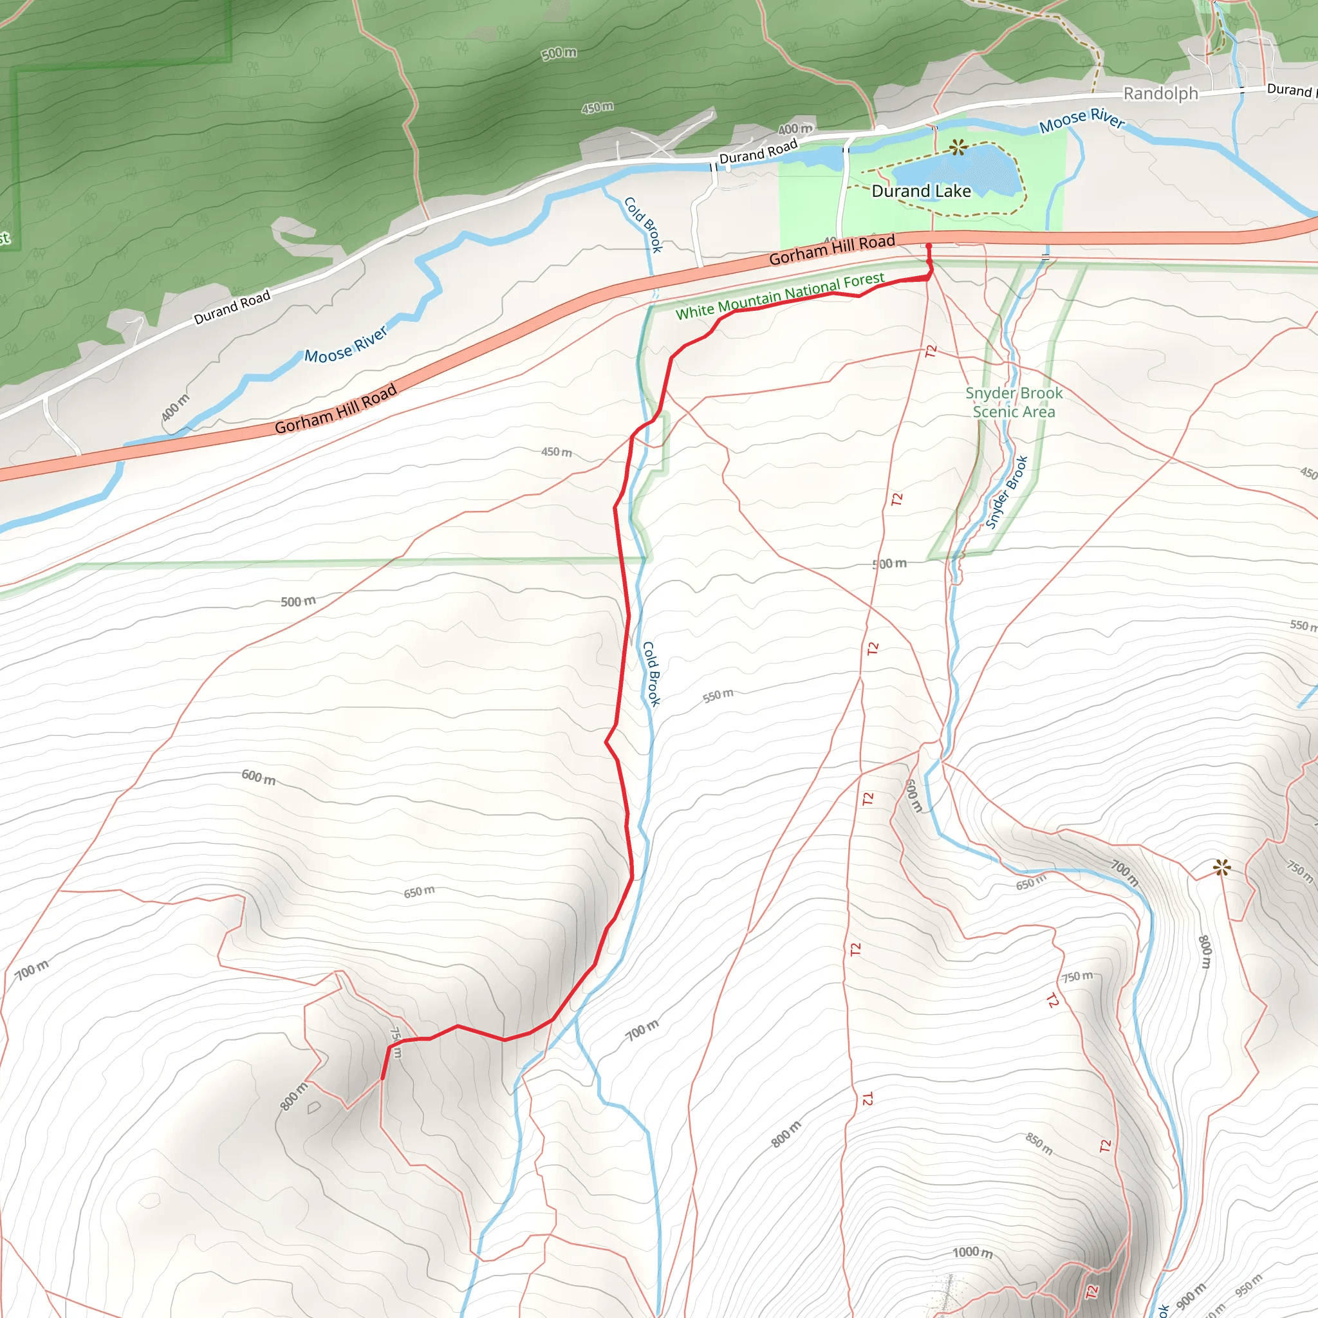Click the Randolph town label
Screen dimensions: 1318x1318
point(1160,93)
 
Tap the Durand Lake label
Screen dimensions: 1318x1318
point(921,192)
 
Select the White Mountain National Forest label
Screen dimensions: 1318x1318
point(780,296)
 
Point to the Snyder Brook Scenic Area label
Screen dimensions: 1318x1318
point(1014,402)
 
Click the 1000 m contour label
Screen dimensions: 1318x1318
point(972,1252)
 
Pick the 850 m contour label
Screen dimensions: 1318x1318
point(1039,1144)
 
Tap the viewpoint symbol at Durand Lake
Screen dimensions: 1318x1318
point(958,147)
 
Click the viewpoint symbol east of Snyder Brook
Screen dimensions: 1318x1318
point(1221,868)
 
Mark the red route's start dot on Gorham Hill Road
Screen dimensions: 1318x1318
point(929,246)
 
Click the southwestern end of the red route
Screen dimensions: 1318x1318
point(382,1079)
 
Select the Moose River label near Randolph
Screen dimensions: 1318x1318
point(1081,120)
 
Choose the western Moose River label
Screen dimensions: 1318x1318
point(346,344)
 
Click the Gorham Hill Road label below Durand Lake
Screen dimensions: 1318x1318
point(831,250)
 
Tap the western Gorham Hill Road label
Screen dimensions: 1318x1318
point(336,409)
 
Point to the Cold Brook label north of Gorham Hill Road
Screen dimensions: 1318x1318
point(644,225)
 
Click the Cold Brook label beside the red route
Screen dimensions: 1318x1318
point(651,673)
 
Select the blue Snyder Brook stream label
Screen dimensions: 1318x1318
point(1007,492)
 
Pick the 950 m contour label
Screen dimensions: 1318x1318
point(1248,1285)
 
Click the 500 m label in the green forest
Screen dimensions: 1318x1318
point(559,53)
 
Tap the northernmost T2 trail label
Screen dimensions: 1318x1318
point(931,351)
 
